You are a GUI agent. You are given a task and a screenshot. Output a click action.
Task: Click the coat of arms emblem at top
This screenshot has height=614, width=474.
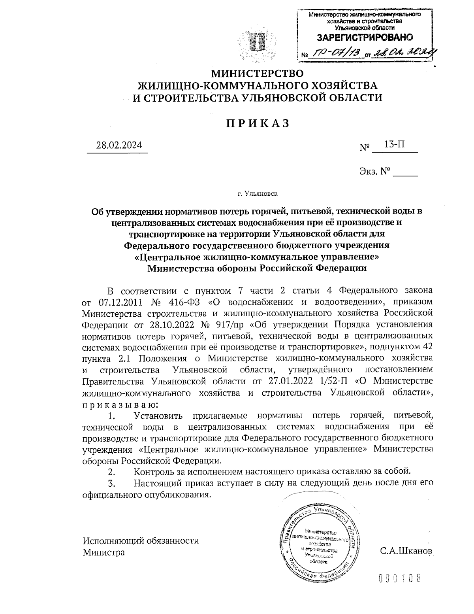[258, 42]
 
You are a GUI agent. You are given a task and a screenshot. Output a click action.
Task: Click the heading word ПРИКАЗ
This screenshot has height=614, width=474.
[258, 123]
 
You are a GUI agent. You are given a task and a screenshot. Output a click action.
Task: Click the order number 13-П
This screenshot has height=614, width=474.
[395, 145]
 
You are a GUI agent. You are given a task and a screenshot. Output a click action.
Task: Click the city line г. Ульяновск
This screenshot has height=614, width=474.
[258, 194]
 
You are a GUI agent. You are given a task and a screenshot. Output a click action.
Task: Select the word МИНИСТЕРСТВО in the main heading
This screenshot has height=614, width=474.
[258, 74]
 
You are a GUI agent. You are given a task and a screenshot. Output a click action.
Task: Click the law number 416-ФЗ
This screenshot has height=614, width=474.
[181, 302]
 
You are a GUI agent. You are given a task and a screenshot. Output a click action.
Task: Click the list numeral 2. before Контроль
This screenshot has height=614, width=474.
[111, 472]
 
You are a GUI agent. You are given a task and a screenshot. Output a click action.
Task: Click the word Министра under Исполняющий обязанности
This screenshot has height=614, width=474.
[103, 552]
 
